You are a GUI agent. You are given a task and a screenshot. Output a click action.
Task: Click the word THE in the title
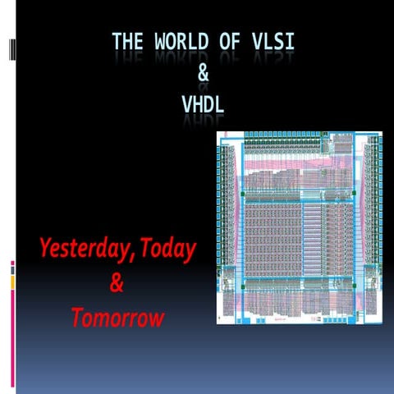click(129, 40)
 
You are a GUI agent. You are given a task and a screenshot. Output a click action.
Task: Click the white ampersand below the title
click(204, 74)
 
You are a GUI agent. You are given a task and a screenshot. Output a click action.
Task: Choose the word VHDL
click(203, 105)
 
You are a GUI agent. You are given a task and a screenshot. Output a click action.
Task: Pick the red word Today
click(167, 249)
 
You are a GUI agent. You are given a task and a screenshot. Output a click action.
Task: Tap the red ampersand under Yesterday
click(117, 284)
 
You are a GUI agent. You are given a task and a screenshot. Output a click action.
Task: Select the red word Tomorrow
click(117, 318)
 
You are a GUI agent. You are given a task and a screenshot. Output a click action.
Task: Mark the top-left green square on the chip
click(243, 194)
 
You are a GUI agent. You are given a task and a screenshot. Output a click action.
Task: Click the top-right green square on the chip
click(354, 194)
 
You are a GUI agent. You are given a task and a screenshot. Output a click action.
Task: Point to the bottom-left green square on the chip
click(243, 287)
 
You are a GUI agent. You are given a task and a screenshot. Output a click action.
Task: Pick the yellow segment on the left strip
click(12, 282)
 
